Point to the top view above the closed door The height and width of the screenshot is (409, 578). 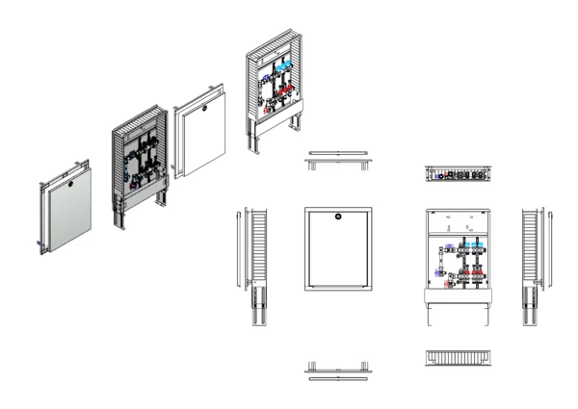[x=336, y=159]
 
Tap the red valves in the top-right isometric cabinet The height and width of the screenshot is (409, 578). [x=279, y=96]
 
